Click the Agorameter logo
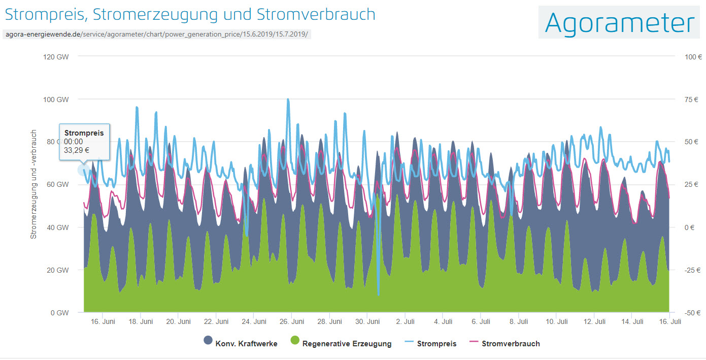click(619, 23)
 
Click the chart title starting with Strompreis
click(190, 14)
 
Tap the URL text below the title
click(155, 35)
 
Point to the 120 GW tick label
click(56, 57)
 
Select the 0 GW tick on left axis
click(59, 313)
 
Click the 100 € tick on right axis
click(693, 57)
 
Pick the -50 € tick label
click(693, 313)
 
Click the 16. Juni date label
click(102, 321)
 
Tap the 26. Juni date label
click(292, 321)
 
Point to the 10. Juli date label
click(557, 321)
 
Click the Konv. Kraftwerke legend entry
click(240, 344)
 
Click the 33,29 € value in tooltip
click(77, 150)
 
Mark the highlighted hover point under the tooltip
click(84, 170)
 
